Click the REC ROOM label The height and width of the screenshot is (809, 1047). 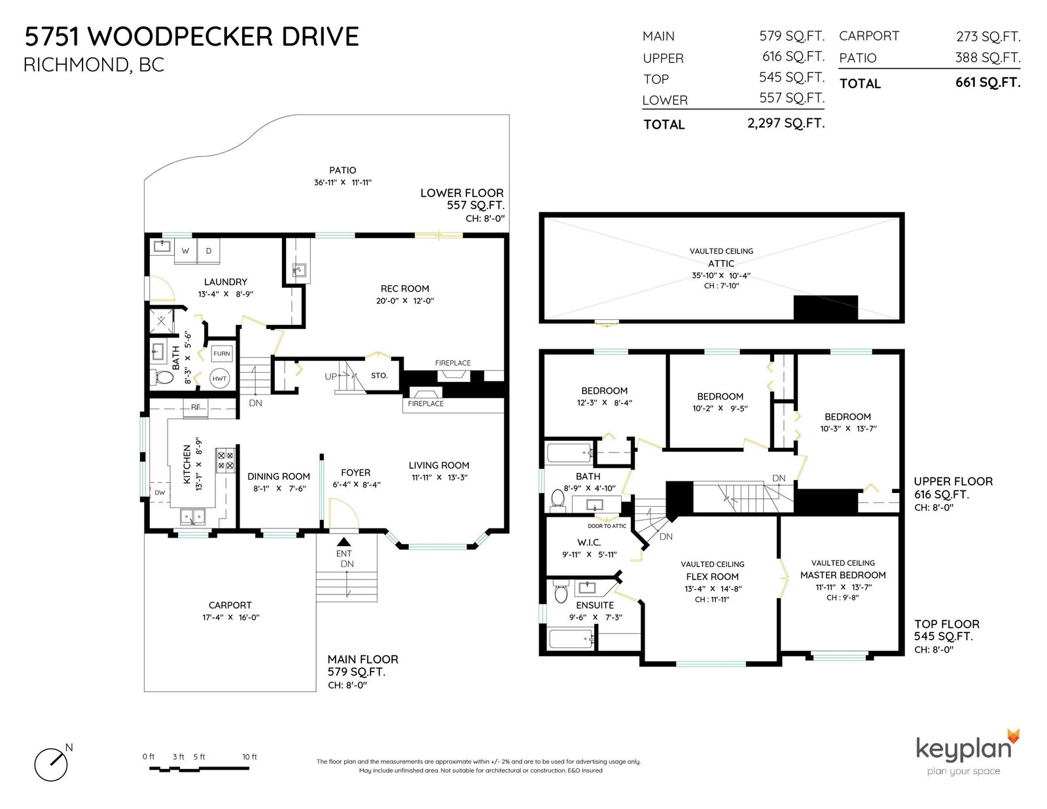tap(404, 288)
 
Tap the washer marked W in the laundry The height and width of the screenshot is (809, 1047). tap(185, 251)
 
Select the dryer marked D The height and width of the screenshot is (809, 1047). tap(209, 251)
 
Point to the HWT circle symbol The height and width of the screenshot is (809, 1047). tap(219, 379)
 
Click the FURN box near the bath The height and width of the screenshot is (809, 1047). tap(222, 353)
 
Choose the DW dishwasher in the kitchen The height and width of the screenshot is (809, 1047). tap(160, 492)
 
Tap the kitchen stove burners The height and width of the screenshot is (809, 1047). tap(226, 460)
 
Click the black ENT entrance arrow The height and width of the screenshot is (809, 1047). tap(344, 542)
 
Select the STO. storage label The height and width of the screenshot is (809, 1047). tap(379, 375)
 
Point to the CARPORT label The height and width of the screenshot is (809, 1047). tap(230, 606)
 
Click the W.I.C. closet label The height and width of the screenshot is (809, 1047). tap(589, 542)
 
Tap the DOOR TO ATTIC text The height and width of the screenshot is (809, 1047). tap(607, 526)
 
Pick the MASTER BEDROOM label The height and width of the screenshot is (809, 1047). tap(843, 575)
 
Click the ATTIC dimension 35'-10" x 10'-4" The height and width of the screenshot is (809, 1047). tap(721, 275)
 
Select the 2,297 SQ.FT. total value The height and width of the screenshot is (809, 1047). tap(786, 123)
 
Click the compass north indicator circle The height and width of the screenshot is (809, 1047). tap(50, 765)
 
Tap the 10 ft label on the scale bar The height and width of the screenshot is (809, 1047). tap(249, 757)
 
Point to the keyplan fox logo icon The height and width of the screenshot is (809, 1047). tap(1013, 736)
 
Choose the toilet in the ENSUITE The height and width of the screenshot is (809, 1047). tap(561, 591)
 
